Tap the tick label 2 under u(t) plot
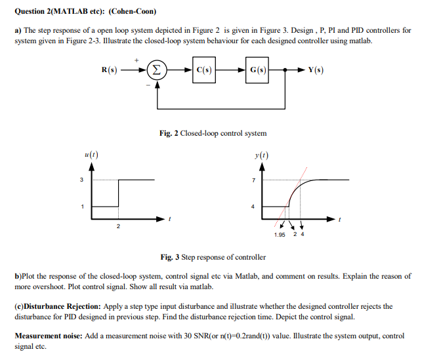[118, 226]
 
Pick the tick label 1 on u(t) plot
[83, 207]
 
